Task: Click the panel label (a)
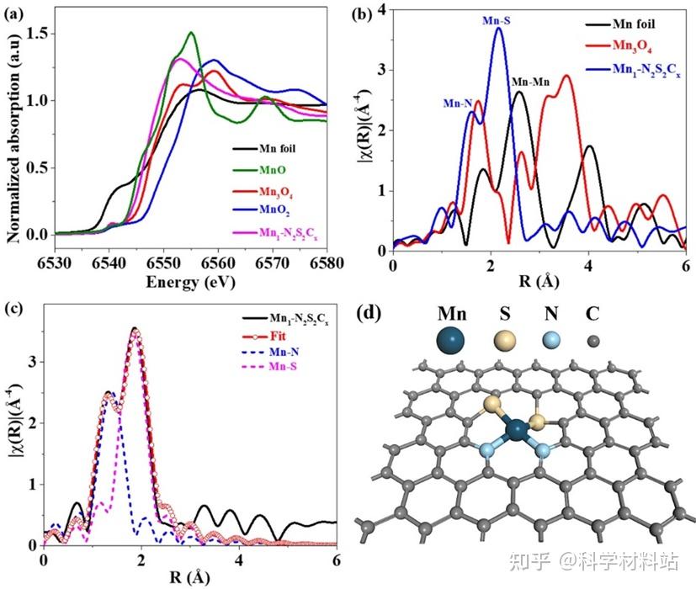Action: [x=13, y=13]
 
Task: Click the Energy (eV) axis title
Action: [x=191, y=282]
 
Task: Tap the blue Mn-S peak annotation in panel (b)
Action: [x=497, y=20]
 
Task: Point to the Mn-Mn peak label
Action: [x=530, y=82]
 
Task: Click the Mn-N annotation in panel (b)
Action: [x=457, y=103]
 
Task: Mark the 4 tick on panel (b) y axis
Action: [x=381, y=9]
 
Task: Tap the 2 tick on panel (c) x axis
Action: [x=141, y=560]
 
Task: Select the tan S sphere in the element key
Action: [x=505, y=342]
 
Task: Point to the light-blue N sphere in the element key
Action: [x=551, y=341]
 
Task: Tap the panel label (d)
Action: [x=368, y=313]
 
